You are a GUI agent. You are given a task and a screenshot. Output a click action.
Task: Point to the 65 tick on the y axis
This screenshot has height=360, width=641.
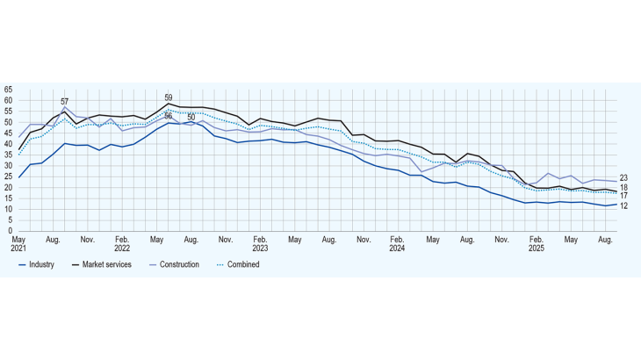(8, 90)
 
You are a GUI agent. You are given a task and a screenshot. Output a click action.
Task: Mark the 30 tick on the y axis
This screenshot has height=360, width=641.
(8, 165)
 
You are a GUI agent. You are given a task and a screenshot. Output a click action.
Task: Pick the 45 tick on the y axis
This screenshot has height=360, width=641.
(8, 133)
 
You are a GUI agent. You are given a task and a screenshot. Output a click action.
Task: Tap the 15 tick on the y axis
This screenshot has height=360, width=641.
(8, 198)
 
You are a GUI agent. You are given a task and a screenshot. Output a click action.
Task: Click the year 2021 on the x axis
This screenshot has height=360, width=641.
(18, 248)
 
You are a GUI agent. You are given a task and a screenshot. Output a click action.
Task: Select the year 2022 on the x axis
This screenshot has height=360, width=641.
(122, 248)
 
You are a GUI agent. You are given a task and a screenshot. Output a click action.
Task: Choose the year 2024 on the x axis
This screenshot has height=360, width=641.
(397, 248)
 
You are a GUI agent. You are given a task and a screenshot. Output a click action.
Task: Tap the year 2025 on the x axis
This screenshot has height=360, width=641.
(535, 248)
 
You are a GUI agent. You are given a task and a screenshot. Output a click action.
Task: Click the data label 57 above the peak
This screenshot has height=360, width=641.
(64, 102)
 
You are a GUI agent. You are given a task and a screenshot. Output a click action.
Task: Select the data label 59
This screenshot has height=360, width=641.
(169, 97)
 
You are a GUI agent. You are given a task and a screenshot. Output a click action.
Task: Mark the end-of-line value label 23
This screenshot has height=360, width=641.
(623, 178)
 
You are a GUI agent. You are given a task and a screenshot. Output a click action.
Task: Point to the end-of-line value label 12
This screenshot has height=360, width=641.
(623, 205)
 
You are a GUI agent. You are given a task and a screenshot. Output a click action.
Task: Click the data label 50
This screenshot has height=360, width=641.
(191, 117)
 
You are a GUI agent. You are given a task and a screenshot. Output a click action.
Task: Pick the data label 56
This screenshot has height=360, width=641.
(169, 117)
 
